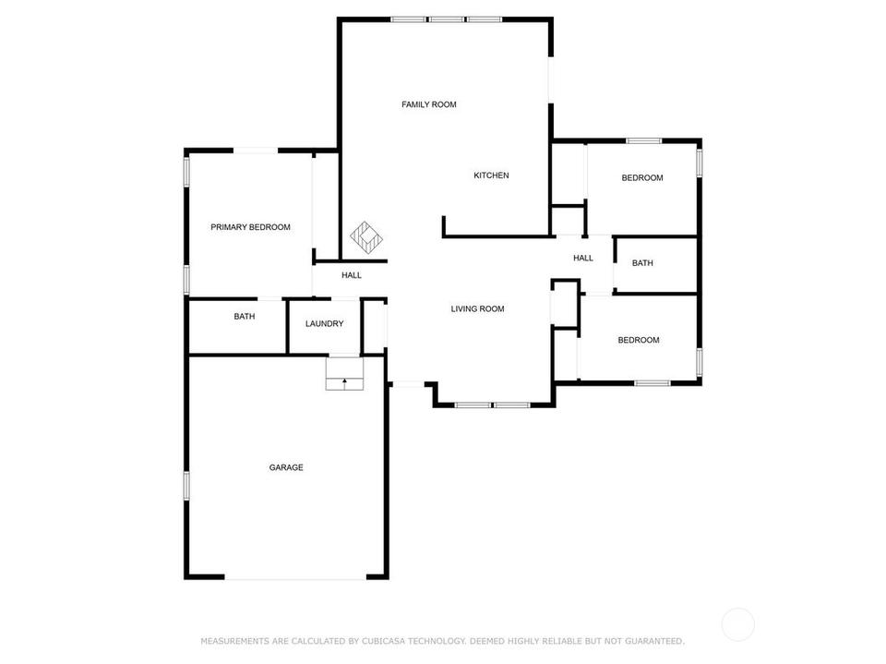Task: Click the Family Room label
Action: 429,104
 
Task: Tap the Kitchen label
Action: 491,175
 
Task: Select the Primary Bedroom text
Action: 250,227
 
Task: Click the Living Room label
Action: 477,308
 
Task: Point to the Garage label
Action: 286,467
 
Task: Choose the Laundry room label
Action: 324,324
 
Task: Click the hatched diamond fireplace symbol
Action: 366,237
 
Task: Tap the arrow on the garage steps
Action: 344,384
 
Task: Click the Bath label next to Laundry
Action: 244,317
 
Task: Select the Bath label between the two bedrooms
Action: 642,263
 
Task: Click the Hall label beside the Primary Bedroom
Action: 352,275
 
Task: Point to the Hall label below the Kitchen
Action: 583,258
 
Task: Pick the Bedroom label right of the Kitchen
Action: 642,178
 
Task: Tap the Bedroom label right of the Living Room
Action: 639,340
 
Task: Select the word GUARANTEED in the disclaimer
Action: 654,641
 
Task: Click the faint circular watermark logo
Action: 738,625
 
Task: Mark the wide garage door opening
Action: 295,577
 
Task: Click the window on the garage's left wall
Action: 186,485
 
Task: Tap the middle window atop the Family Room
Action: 446,19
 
